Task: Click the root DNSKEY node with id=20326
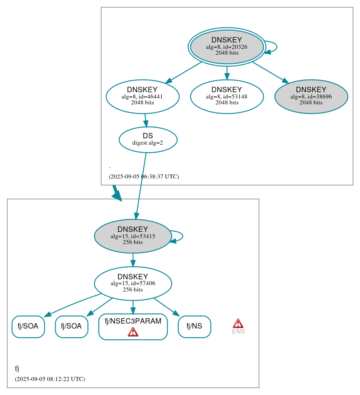click(227, 47)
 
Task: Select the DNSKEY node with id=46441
click(142, 96)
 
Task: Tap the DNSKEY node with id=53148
click(227, 96)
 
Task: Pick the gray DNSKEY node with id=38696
click(311, 96)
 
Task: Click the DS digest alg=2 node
click(148, 139)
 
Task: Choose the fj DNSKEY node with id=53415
click(132, 236)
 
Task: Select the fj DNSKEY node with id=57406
click(132, 283)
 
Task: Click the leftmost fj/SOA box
click(28, 326)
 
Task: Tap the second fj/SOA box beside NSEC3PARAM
click(71, 326)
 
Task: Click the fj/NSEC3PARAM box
click(133, 322)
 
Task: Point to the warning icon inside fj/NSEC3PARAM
click(133, 332)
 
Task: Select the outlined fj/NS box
click(194, 326)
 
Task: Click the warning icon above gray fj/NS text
click(238, 323)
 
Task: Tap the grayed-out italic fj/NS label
click(238, 332)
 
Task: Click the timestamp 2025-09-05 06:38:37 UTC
click(144, 177)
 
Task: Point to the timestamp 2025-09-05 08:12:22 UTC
click(50, 379)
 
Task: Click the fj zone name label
click(17, 368)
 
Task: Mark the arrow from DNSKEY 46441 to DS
click(145, 120)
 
